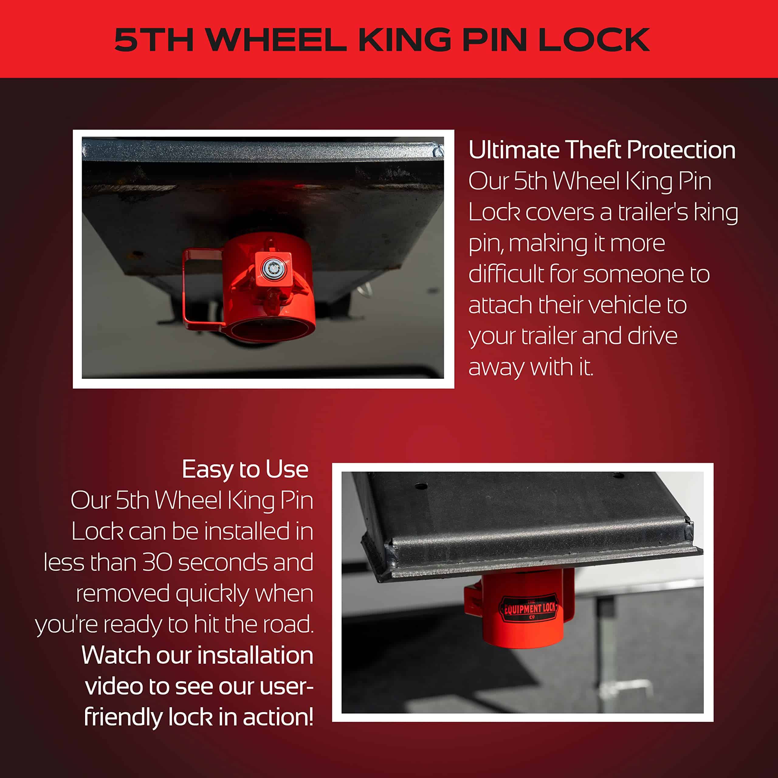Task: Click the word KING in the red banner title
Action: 405,40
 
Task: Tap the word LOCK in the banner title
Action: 594,40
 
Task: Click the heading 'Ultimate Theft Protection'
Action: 602,150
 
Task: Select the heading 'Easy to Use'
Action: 245,470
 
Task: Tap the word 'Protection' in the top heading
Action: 681,150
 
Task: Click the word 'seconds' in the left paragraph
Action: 223,563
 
